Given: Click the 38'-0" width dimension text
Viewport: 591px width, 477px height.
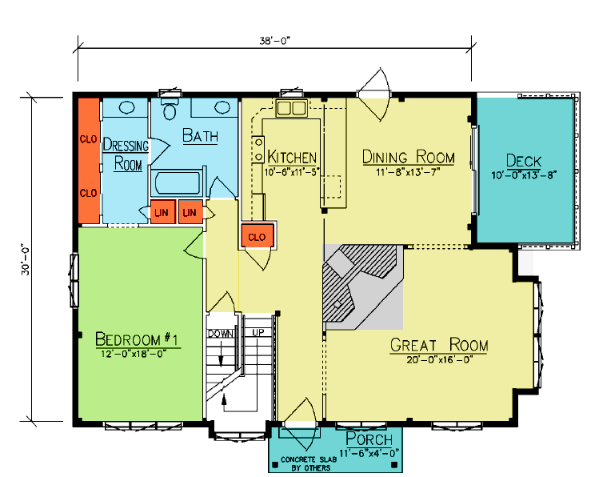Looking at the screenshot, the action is tap(275, 40).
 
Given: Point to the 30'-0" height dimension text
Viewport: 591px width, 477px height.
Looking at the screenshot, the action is tap(26, 261).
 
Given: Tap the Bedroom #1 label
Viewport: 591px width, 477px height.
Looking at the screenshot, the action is tap(137, 339).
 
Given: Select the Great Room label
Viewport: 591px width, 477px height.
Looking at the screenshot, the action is tap(439, 345).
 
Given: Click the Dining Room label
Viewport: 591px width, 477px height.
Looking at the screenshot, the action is tap(409, 157).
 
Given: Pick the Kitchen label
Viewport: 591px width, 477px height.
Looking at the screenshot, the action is tap(292, 157).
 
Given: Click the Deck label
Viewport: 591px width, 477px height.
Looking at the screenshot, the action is tap(524, 161).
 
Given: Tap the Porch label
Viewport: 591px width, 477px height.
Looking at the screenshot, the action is tap(369, 439).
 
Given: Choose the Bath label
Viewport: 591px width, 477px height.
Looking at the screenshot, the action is tap(200, 136).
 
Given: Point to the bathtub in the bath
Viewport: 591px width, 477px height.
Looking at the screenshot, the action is tap(178, 183).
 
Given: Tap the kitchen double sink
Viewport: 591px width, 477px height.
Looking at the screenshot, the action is tap(291, 108).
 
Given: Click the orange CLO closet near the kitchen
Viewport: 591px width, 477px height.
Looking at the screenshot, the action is tap(257, 236).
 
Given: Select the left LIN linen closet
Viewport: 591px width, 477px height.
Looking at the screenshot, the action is tap(162, 212).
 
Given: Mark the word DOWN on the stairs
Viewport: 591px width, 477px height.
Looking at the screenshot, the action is tap(221, 334).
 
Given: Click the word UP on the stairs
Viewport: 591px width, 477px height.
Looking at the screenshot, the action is tap(258, 333).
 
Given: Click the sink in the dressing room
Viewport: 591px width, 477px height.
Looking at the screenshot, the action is tap(126, 108).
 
